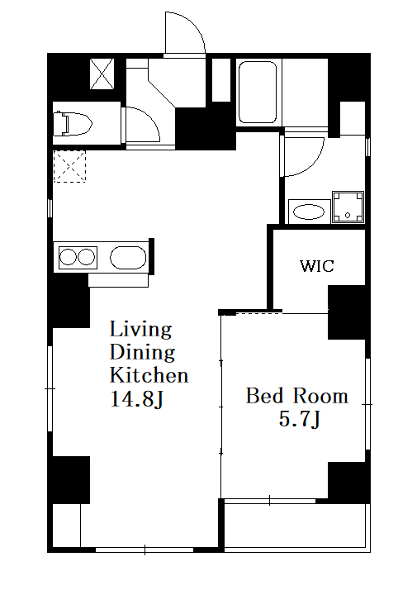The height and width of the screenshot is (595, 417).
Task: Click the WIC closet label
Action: point(317,265)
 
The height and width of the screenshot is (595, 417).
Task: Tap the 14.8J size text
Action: point(136,399)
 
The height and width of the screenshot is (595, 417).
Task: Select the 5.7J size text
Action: point(300,420)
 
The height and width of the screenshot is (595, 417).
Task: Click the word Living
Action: point(140,330)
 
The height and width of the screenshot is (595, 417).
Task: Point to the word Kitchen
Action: point(149,375)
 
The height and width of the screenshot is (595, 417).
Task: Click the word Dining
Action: point(142,352)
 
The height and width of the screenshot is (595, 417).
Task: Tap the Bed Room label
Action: point(296,396)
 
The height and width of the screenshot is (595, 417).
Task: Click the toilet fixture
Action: point(73,123)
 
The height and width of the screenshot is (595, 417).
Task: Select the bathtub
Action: point(258,93)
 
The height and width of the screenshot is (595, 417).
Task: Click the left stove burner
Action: point(69,257)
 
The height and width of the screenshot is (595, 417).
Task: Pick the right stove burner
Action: point(86,257)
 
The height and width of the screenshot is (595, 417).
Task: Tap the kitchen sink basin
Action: point(128,258)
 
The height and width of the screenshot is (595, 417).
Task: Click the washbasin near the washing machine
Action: point(309,212)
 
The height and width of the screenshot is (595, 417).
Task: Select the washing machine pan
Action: point(348,207)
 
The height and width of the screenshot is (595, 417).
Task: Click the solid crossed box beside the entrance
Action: point(102,74)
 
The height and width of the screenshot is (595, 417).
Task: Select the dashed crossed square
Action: point(69,166)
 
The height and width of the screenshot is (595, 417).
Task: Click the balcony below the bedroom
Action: point(296,526)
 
